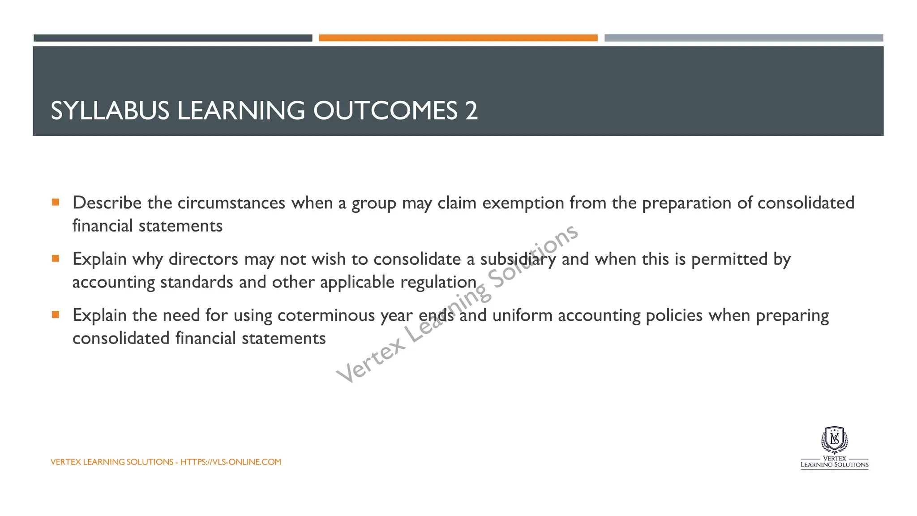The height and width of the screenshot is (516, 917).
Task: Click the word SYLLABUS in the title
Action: [110, 111]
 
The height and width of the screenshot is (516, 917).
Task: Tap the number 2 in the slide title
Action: [471, 111]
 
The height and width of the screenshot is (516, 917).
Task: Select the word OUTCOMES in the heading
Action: [386, 111]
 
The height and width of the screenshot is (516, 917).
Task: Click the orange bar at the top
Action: [458, 38]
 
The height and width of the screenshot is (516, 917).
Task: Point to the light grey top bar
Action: [743, 38]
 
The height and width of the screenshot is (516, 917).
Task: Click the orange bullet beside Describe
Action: [56, 202]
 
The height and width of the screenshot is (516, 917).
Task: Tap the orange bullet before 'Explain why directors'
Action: [56, 258]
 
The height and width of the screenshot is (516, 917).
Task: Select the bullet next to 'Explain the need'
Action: [56, 315]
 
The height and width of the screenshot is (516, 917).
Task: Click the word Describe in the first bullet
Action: [107, 203]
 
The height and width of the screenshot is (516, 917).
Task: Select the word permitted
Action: [729, 259]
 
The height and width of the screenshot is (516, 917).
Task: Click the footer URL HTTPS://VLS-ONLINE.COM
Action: [231, 462]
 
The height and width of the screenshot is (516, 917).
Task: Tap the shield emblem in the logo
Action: [834, 440]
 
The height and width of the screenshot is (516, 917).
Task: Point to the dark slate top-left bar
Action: [173, 38]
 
